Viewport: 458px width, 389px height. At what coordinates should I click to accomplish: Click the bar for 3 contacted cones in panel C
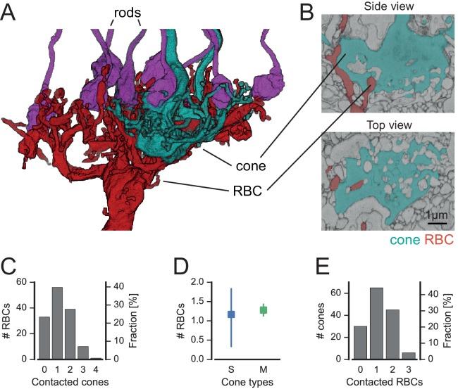click(x=83, y=352)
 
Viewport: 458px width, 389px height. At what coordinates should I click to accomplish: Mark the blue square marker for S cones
click(x=230, y=314)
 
